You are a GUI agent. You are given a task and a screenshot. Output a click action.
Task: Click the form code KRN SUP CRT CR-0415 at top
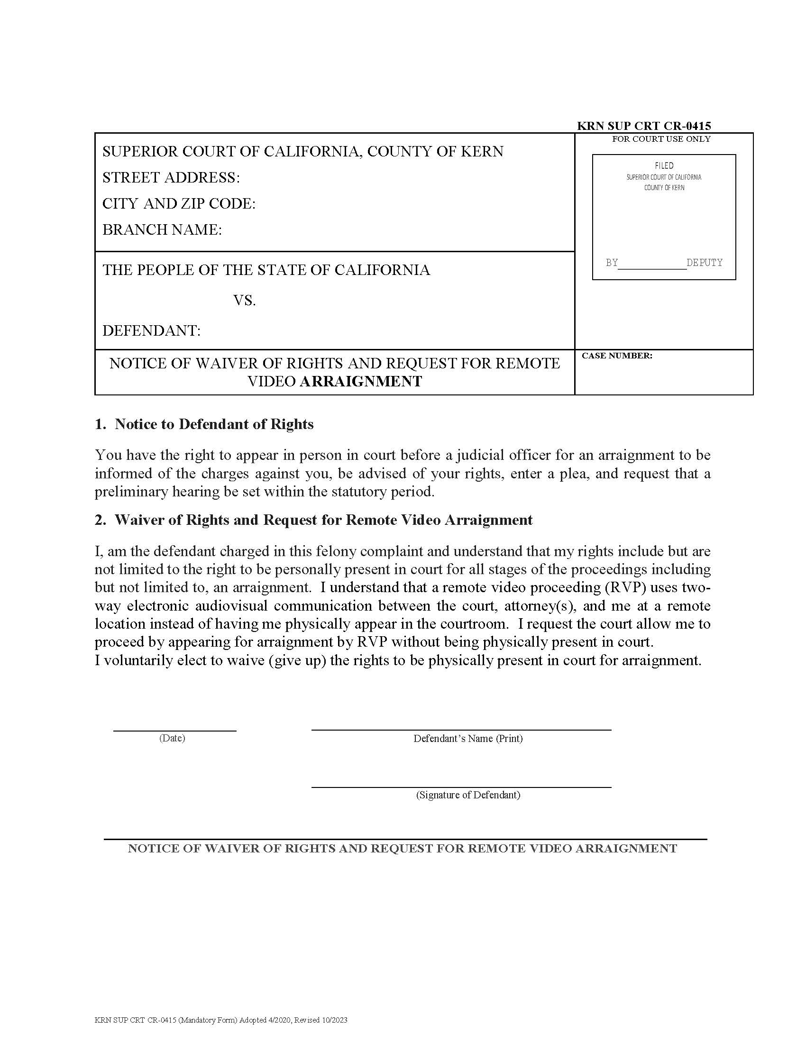(644, 126)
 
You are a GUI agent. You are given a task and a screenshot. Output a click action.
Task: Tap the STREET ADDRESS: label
(171, 178)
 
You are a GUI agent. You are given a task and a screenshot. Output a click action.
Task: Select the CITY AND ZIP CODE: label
(179, 204)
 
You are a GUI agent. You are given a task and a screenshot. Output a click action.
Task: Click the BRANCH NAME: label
(162, 230)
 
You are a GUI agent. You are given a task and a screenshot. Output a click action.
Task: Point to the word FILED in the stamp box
(664, 166)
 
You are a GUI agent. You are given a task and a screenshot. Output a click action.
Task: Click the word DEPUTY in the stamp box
(704, 263)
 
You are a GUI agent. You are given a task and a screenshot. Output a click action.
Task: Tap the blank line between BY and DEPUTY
(652, 267)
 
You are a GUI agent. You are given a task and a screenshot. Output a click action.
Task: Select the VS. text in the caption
(245, 301)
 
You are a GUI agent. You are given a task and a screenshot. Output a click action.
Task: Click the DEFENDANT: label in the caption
(151, 330)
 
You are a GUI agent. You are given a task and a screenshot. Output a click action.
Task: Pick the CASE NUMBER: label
(617, 356)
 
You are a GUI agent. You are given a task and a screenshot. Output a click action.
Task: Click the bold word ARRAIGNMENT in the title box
(360, 382)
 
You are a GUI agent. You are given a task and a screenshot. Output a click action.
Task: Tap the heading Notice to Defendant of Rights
(214, 424)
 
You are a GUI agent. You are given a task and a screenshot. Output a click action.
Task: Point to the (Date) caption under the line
(172, 738)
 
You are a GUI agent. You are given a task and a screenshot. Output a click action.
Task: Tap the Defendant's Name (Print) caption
(468, 738)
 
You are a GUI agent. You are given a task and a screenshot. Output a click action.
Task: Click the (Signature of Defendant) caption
(468, 795)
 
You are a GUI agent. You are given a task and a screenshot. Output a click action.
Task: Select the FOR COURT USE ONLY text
(661, 139)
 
